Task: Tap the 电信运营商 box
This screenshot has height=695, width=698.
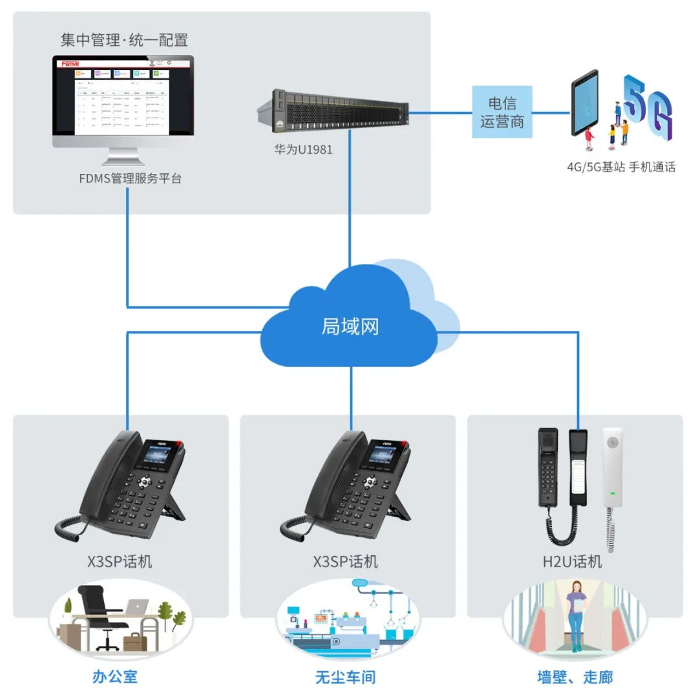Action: [x=502, y=112]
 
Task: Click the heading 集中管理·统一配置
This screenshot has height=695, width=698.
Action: [x=124, y=40]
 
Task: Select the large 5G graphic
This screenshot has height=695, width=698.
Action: [x=647, y=107]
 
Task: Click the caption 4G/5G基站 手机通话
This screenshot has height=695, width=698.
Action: [x=621, y=167]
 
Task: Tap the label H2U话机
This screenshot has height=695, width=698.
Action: [x=572, y=561]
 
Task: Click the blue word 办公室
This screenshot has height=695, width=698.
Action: [x=115, y=677]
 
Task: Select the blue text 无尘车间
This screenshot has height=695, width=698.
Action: [x=345, y=677]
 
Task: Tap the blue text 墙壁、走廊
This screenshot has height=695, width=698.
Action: [x=575, y=677]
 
